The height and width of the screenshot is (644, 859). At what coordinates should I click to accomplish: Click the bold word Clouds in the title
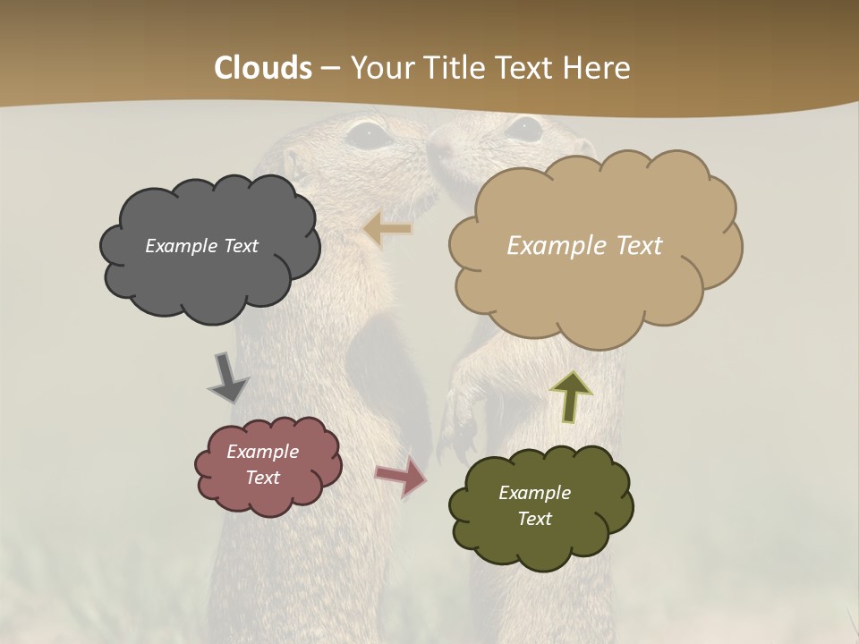point(263,68)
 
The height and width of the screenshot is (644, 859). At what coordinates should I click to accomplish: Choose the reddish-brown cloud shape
point(268,497)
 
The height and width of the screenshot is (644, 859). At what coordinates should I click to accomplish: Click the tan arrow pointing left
point(388,229)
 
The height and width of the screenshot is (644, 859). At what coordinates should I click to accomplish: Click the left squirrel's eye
point(367,136)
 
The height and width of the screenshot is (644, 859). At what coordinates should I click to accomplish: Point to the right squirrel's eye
point(524,130)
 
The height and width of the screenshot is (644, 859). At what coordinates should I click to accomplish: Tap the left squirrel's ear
point(291,162)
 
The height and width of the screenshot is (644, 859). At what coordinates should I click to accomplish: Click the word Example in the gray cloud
point(180,246)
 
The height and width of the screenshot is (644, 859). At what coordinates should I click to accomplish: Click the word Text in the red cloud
point(263,478)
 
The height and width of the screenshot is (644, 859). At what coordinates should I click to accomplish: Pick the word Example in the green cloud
point(534,493)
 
